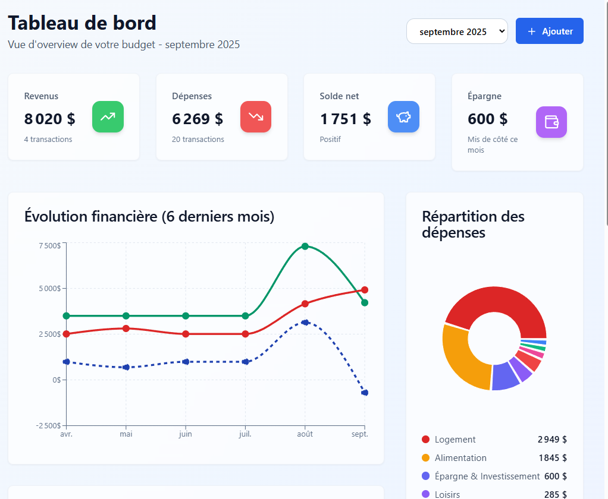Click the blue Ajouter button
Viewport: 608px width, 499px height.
(549, 31)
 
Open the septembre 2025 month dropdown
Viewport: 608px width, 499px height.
(457, 31)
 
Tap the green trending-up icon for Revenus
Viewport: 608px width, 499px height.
(108, 116)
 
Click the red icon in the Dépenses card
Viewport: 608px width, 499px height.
(256, 116)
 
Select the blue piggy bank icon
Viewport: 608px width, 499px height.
(403, 116)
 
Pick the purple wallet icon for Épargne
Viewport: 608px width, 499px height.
(551, 122)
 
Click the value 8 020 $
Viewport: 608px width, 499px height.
(50, 119)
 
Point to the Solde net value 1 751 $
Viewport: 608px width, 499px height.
(346, 119)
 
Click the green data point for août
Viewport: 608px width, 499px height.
(305, 246)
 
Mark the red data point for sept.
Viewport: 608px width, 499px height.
(365, 290)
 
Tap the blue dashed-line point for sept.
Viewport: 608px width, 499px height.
(365, 393)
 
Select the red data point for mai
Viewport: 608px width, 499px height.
(126, 329)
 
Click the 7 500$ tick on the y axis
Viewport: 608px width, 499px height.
(49, 245)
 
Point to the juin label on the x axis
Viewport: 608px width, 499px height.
(186, 434)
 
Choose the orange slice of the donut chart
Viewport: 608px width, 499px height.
(461, 356)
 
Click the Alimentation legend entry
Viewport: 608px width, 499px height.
(460, 458)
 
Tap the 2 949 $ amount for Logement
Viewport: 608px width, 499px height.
(552, 440)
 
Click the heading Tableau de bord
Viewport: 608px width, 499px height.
(82, 23)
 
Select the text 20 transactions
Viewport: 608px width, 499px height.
(198, 140)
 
